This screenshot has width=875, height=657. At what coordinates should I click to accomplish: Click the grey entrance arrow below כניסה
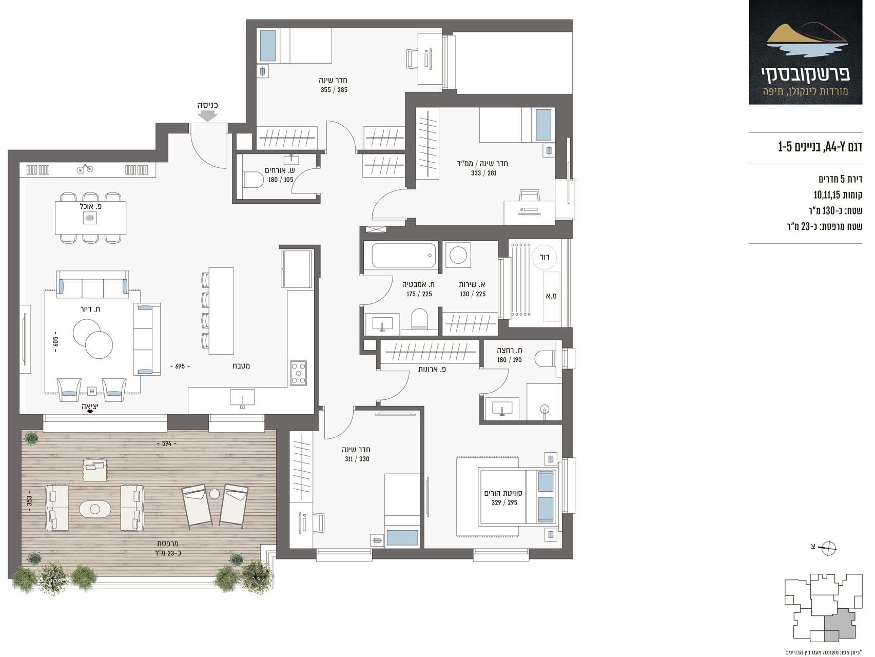[208, 116]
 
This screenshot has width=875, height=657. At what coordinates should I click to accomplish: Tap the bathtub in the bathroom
[404, 255]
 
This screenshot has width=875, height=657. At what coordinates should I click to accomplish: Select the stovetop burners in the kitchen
[298, 373]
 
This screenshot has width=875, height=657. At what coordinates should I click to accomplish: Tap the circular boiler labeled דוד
[545, 257]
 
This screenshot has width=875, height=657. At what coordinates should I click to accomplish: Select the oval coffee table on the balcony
[95, 509]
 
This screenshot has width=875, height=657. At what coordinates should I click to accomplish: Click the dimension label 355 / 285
[334, 90]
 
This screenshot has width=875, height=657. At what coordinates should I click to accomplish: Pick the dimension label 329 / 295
[504, 503]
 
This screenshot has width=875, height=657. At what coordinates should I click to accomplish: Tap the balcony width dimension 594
[166, 443]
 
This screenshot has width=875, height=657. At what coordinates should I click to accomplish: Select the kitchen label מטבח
[241, 366]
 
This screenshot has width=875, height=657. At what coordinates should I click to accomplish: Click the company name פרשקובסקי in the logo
[805, 74]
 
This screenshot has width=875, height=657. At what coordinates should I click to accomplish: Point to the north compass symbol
[828, 548]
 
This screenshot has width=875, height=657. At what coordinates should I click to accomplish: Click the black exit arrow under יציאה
[90, 412]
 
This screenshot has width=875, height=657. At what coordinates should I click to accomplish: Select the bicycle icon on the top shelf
[85, 169]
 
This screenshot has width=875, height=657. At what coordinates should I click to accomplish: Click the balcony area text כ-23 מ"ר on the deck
[167, 553]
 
